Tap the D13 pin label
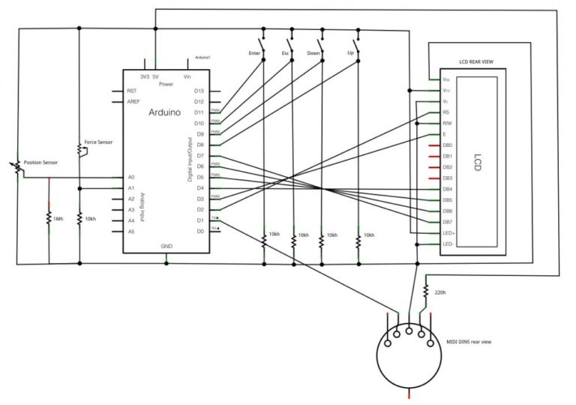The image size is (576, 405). pos(199,91)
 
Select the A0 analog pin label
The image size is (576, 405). pos(131,177)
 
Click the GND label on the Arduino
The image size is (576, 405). pos(166,246)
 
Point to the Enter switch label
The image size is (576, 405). pos(254,53)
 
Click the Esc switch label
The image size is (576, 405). pos(285,53)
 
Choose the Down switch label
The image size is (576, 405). pos(314,53)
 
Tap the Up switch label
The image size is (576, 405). pos(349,53)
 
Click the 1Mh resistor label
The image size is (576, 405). pos(58,219)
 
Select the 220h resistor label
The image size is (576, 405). pos(440,292)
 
